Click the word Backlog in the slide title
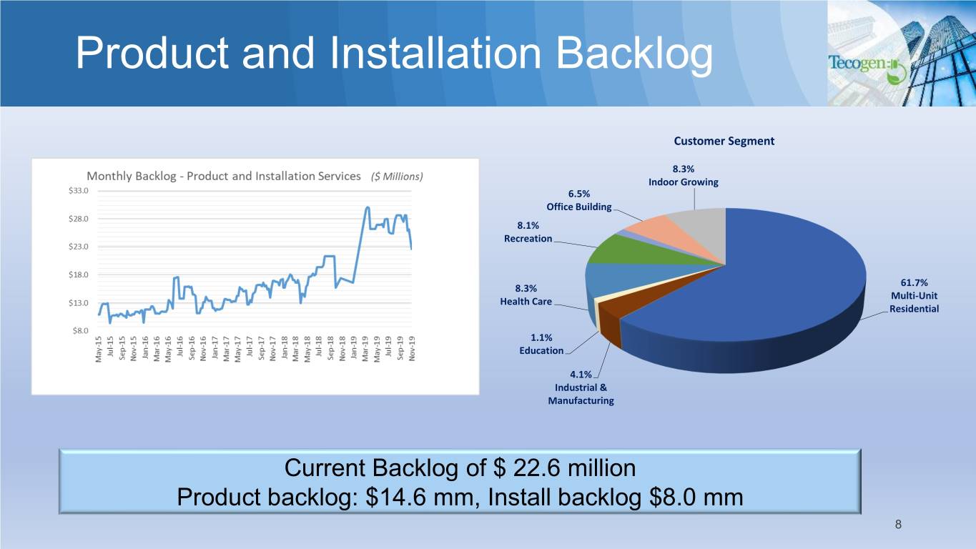click(x=634, y=54)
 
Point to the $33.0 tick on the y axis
click(x=79, y=191)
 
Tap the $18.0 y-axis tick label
click(x=79, y=275)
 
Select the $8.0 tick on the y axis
click(x=81, y=331)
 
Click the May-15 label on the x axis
click(x=99, y=349)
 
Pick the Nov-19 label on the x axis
click(x=412, y=349)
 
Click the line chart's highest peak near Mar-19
click(x=368, y=208)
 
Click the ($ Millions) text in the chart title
click(x=397, y=177)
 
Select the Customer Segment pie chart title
click(x=724, y=141)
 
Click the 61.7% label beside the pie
click(x=914, y=283)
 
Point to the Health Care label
click(x=526, y=302)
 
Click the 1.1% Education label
click(x=541, y=345)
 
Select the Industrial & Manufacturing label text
click(x=581, y=394)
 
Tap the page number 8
click(x=898, y=525)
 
